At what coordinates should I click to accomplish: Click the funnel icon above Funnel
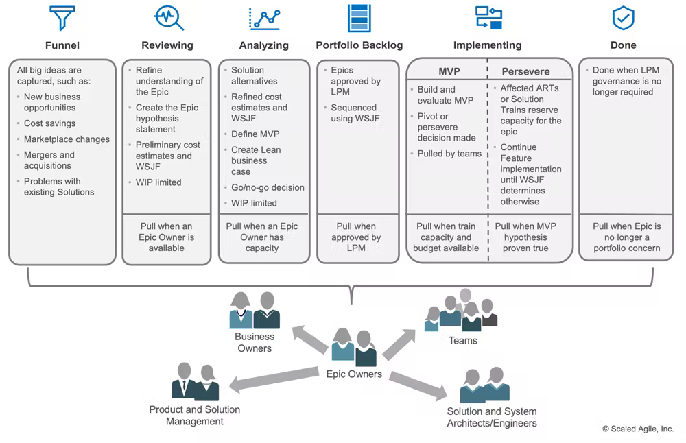[62, 19]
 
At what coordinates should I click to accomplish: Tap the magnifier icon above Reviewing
[168, 19]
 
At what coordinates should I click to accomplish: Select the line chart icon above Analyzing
[264, 19]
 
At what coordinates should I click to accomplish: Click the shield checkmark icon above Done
[623, 19]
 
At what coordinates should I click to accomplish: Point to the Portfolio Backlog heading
[359, 45]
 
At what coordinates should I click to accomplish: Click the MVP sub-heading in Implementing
[449, 71]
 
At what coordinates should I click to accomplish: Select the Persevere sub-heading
[525, 71]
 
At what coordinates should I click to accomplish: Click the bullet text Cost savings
[49, 123]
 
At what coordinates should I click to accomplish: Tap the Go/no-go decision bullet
[268, 187]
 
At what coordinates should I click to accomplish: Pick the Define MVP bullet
[255, 134]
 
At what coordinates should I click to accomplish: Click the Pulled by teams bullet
[449, 154]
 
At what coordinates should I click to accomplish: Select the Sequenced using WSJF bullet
[354, 113]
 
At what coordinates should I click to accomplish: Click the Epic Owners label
[354, 374]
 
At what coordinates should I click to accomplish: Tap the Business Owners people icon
[255, 311]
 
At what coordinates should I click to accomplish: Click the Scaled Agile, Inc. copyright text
[638, 429]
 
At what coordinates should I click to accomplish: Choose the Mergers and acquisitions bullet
[49, 160]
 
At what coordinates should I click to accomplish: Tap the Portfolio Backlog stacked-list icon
[359, 19]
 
